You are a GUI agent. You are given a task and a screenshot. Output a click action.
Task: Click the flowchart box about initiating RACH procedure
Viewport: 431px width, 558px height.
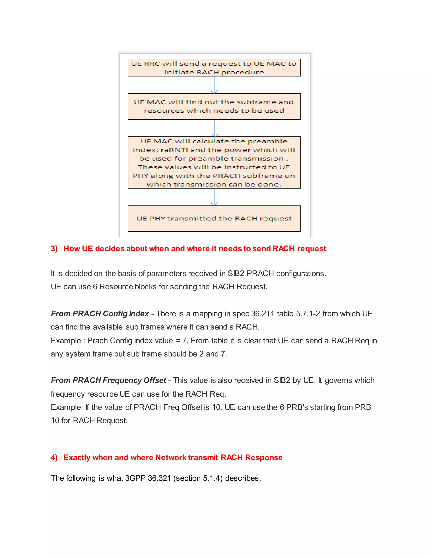pyautogui.click(x=214, y=68)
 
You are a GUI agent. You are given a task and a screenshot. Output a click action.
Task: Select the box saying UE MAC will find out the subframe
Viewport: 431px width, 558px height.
pyautogui.click(x=214, y=106)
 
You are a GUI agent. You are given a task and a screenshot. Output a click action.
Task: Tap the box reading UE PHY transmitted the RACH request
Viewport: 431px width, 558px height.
pyautogui.click(x=214, y=218)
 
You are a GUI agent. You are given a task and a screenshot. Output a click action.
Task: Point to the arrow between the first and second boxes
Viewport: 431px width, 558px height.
pyautogui.click(x=214, y=85)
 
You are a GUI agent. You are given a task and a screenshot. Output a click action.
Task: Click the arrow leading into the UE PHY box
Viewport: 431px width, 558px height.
pyautogui.click(x=214, y=197)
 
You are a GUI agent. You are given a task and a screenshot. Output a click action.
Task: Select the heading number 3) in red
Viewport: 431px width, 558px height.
pyautogui.click(x=54, y=249)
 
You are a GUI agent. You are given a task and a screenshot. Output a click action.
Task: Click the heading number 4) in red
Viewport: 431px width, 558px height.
pyautogui.click(x=54, y=457)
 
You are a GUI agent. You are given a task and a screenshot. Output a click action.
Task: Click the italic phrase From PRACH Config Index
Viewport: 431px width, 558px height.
pyautogui.click(x=100, y=314)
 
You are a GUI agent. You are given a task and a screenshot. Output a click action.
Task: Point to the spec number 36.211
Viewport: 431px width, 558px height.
pyautogui.click(x=263, y=314)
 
